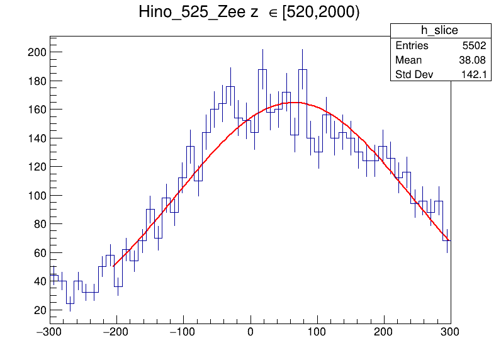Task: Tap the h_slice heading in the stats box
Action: [439, 31]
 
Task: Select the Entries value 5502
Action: [473, 46]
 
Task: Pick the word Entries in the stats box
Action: [412, 46]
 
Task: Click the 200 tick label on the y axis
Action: [37, 52]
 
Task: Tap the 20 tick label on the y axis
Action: [40, 310]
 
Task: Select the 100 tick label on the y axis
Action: [37, 195]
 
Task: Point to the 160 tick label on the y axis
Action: [37, 110]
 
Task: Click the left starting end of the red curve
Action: [113, 266]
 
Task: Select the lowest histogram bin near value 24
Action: [70, 303]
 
